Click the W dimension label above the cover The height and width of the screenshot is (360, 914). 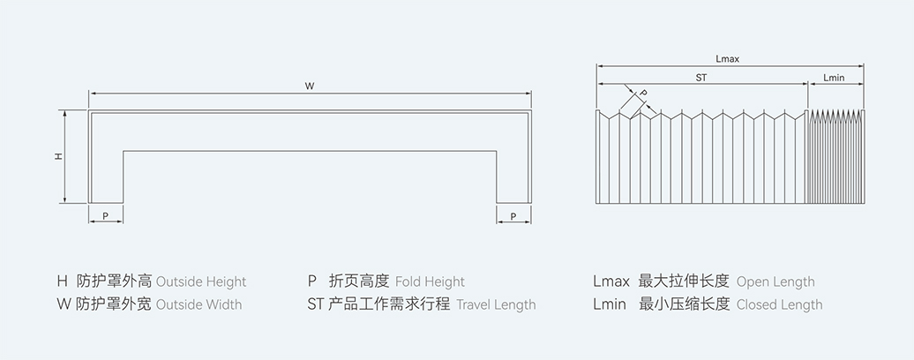310,86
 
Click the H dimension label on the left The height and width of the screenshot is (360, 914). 58,156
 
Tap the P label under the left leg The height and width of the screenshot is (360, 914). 105,215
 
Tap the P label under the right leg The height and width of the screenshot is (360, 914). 513,215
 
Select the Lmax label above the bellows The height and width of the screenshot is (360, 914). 728,59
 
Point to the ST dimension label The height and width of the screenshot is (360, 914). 701,78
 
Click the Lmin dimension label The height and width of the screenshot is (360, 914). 834,78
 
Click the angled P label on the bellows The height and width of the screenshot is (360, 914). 643,93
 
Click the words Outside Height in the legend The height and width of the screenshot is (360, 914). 201,282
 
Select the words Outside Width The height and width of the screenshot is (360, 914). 199,304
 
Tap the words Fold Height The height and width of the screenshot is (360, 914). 430,282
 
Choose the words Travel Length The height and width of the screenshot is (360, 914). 496,304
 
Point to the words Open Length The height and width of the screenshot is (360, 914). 775,282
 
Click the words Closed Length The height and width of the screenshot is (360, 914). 779,304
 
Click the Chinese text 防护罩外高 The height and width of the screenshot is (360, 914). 115,281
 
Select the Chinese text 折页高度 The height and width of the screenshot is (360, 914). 358,281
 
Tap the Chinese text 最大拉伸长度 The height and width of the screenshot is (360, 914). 684,281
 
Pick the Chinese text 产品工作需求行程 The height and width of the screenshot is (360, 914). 389,304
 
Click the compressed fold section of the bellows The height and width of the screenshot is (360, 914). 836,159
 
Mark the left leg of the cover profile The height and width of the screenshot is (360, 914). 106,176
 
